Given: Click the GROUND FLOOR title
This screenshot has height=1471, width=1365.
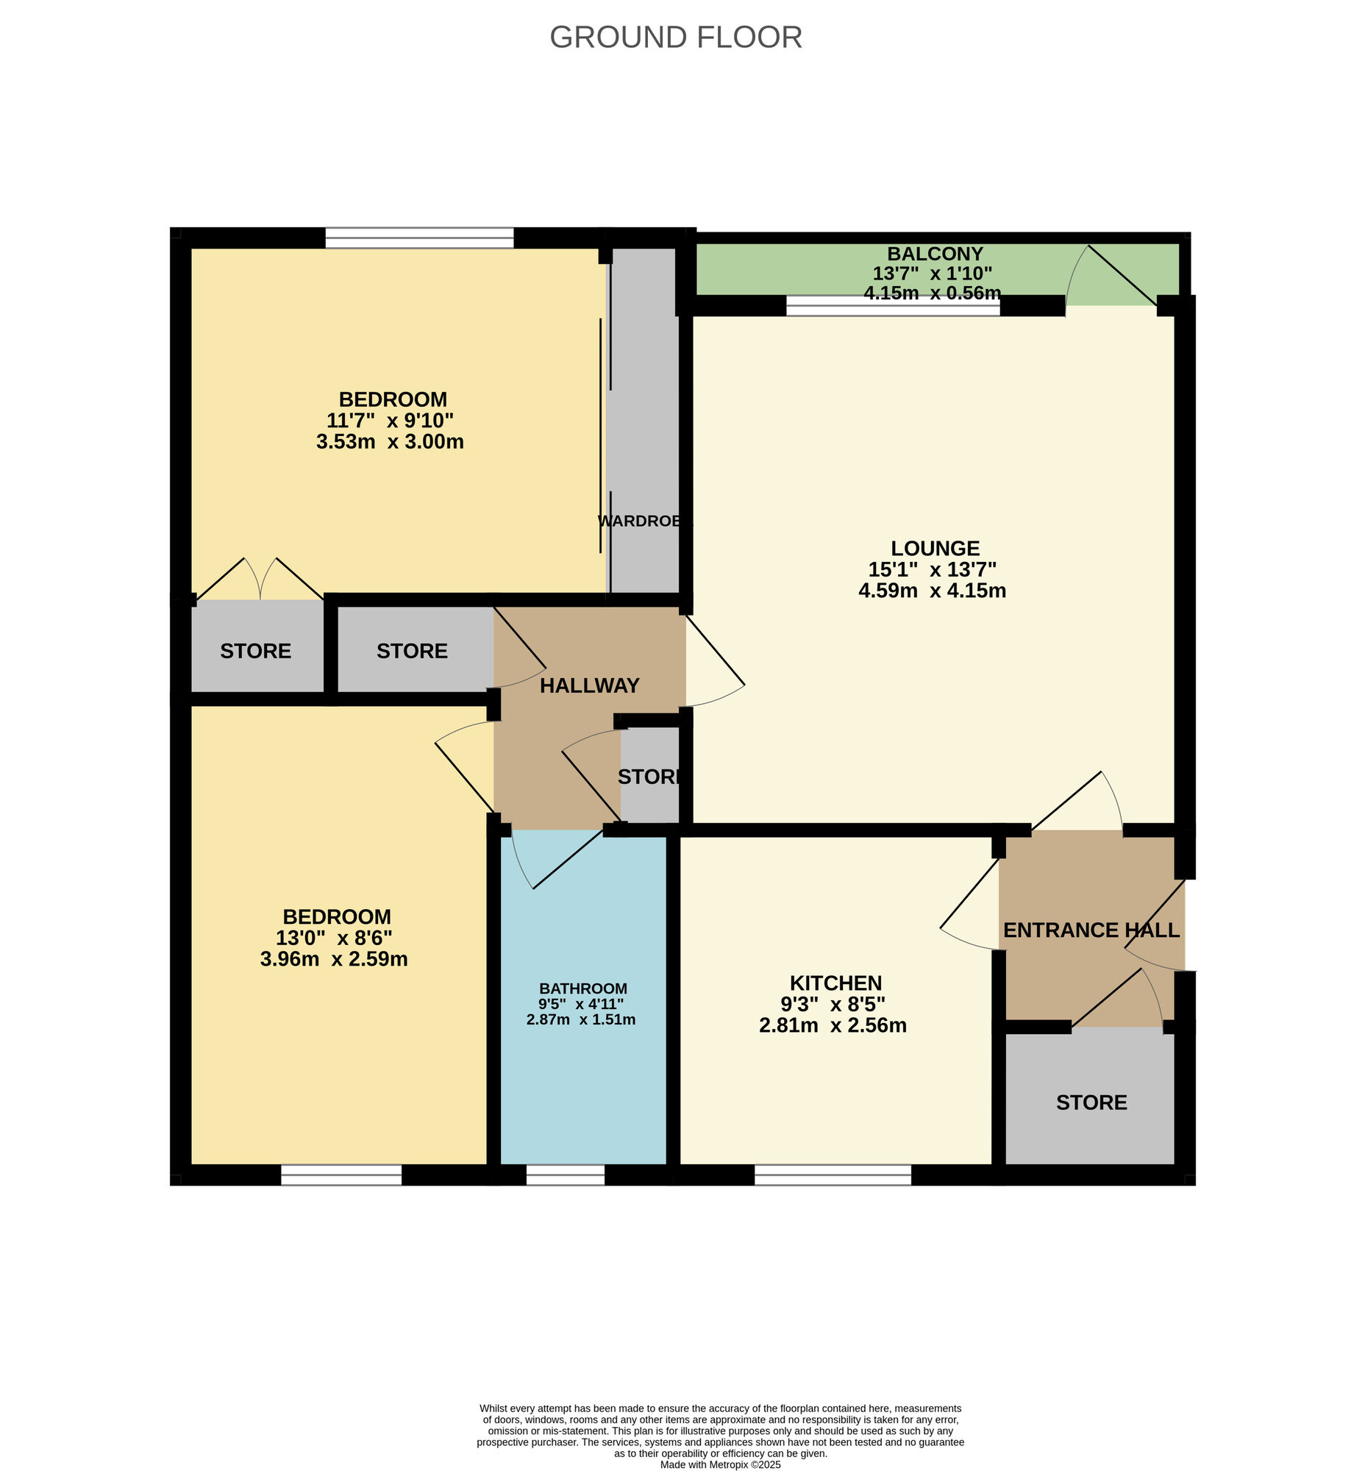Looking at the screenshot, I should pos(675,38).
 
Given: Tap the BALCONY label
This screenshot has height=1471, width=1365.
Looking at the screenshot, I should pos(934,254).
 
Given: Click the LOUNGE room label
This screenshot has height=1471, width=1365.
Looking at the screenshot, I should pos(934,548).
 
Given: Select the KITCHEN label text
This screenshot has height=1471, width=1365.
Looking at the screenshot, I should pos(835,983).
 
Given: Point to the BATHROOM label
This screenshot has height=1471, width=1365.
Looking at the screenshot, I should pos(582,989).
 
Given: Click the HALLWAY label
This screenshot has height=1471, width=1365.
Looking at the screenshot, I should pos(588,685).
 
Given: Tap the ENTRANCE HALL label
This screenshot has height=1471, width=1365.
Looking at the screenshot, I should pos(1091,930).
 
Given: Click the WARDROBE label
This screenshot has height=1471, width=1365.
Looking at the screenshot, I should pos(643,521).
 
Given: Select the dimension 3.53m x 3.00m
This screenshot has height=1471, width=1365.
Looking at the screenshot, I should pos(390,442).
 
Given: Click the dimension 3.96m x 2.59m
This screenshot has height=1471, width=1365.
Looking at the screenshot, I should pos(334,959).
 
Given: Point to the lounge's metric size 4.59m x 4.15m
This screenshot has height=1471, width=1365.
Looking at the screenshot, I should pos(932,591).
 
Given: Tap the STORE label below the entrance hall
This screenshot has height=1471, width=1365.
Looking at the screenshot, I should pos(1091,1103).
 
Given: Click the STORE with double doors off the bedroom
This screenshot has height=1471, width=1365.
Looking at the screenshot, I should pos(255,651).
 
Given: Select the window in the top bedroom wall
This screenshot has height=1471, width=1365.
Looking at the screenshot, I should pos(418,238).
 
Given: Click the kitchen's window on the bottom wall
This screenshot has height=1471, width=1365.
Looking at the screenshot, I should pos(833,1175).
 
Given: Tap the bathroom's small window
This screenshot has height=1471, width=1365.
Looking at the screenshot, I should pos(565,1175).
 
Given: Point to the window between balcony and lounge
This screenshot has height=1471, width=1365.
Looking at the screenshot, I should pos(892,305).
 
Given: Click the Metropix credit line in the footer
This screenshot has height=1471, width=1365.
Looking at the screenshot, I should pos(720,1464).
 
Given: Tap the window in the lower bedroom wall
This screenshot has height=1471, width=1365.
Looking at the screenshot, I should pos(341,1175).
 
